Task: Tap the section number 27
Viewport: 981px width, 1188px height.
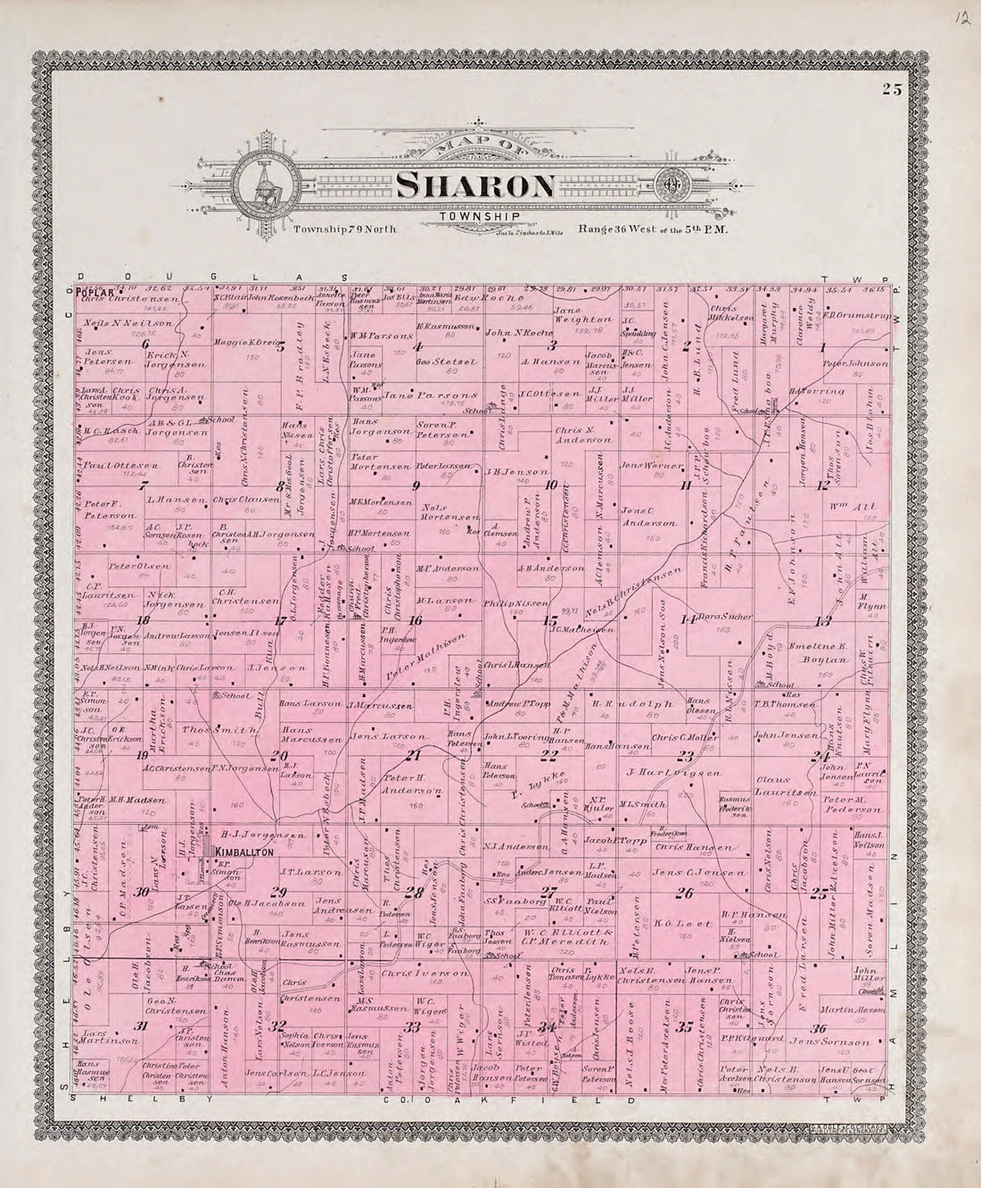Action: tap(549, 892)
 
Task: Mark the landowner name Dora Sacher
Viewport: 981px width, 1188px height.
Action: tap(730, 617)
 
